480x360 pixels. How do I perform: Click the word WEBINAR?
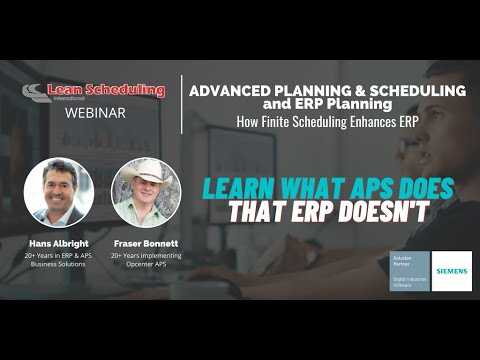(95, 113)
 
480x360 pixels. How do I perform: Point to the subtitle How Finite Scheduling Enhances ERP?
(315, 122)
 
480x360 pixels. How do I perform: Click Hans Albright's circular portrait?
(58, 192)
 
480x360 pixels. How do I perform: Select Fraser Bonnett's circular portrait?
(145, 192)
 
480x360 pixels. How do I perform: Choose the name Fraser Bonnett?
(145, 242)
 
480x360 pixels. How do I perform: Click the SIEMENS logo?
(451, 270)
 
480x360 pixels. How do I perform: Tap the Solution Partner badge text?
(408, 262)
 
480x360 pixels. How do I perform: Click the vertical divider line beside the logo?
(182, 103)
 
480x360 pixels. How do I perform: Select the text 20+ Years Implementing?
(145, 257)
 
